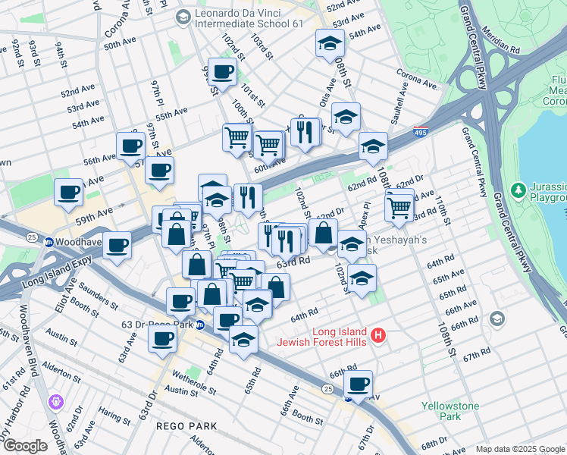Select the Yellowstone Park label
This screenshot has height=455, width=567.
point(450,411)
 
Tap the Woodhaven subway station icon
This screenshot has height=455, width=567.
point(49,242)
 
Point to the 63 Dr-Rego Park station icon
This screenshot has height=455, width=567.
point(200,325)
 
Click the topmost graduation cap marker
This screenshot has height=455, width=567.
point(330,42)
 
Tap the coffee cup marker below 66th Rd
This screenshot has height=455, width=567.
point(358,383)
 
